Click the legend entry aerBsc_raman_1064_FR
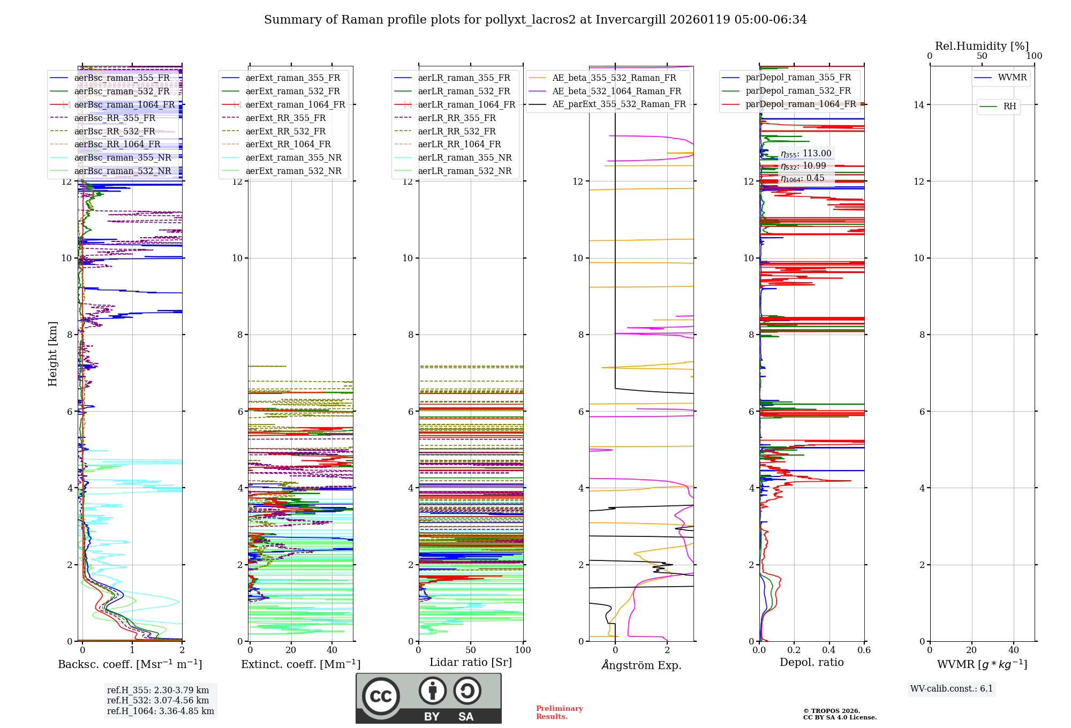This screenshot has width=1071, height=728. (x=124, y=105)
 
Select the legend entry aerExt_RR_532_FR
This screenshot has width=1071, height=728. (x=285, y=131)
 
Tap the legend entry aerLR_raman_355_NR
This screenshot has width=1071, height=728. (x=465, y=158)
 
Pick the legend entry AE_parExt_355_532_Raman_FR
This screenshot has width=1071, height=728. (x=619, y=104)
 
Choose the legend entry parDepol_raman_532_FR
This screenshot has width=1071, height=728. (x=798, y=91)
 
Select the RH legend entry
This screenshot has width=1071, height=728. (x=1009, y=107)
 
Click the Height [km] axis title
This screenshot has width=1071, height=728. (x=52, y=354)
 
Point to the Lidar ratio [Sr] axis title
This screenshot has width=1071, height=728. (x=471, y=662)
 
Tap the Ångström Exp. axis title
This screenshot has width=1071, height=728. (x=642, y=665)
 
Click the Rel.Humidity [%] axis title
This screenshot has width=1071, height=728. (x=982, y=46)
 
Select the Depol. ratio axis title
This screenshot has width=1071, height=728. (x=811, y=662)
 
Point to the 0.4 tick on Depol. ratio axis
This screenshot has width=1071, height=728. (x=829, y=650)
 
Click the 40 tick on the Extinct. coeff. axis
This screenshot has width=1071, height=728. (x=332, y=650)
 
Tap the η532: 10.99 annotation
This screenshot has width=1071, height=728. (x=803, y=166)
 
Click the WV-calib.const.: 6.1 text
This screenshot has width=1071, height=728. (x=952, y=689)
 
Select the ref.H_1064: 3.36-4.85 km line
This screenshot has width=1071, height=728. (x=161, y=711)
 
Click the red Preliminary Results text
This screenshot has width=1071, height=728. (x=559, y=712)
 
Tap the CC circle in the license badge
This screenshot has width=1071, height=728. (x=381, y=696)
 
